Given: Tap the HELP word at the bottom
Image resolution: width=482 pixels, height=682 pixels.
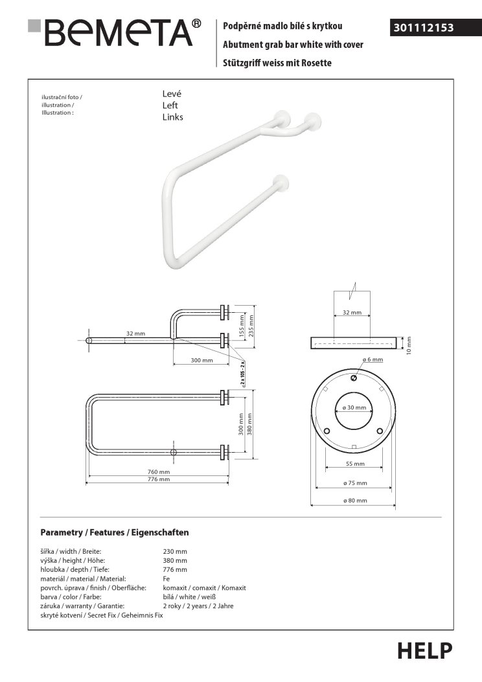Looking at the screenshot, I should tap(424, 650).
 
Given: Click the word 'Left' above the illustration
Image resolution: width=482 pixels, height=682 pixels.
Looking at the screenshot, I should tap(170, 105).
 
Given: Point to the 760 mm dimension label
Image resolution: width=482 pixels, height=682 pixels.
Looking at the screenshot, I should tap(159, 472).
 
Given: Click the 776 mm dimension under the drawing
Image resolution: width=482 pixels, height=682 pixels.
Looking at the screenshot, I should tap(159, 480).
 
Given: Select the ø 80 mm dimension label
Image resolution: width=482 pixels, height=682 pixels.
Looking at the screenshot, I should tap(354, 501).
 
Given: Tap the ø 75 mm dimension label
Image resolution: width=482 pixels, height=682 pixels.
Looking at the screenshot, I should tap(354, 483).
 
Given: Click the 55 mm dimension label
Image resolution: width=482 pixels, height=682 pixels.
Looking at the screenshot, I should tap(354, 464).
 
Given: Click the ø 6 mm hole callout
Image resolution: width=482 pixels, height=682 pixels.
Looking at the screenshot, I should tap(373, 359).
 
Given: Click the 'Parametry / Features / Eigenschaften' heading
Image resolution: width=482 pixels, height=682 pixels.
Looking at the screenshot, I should tap(115, 532).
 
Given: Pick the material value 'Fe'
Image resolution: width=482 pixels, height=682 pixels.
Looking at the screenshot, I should tap(166, 578).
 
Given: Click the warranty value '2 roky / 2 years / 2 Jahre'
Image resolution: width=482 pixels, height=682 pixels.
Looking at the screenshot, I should tap(198, 606).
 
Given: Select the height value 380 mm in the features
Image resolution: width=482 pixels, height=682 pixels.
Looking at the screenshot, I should tap(175, 560).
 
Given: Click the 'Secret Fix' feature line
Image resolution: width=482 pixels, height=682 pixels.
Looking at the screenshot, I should tap(102, 615).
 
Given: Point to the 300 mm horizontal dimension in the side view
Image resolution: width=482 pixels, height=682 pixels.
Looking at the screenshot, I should tap(201, 360).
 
